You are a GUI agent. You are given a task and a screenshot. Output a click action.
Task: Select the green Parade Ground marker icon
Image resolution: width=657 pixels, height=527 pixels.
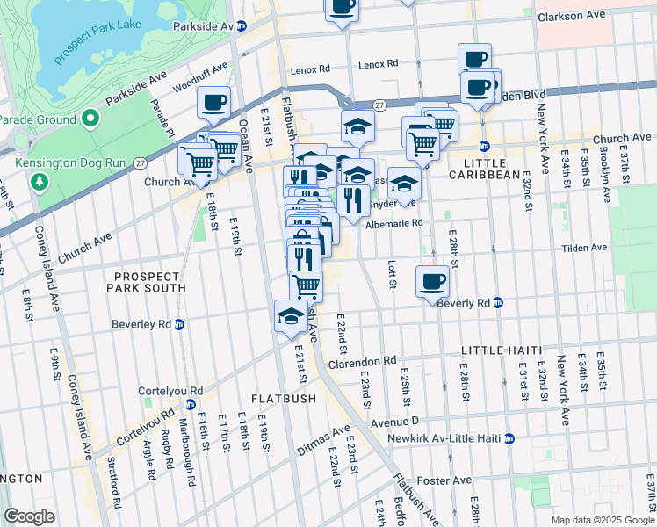coord(90,119)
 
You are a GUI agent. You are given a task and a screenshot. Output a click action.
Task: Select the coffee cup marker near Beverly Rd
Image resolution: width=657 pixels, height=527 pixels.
coord(432,282)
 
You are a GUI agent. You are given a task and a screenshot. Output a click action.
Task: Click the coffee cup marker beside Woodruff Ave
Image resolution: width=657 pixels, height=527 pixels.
coord(213,103)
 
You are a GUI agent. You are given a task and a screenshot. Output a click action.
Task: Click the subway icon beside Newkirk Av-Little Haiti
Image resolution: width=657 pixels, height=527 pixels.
coord(509,438)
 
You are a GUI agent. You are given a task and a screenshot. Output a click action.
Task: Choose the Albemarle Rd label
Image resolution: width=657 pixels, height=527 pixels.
coord(394,223)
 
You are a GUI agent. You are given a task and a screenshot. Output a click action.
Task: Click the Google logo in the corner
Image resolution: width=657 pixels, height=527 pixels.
coord(29,516)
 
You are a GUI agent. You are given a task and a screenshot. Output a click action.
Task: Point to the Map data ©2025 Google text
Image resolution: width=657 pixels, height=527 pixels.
coord(602,520)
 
